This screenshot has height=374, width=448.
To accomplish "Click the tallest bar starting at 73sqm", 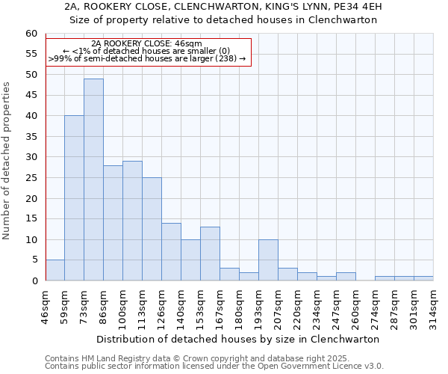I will [x=93, y=180].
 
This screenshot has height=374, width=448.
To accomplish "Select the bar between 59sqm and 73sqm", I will [x=74, y=198].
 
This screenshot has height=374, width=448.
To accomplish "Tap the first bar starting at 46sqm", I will [x=55, y=270].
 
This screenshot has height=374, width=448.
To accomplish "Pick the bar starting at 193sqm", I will [x=268, y=260].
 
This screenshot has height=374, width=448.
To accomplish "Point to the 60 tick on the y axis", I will [x=31, y=34].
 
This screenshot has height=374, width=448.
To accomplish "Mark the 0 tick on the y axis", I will [x=34, y=281].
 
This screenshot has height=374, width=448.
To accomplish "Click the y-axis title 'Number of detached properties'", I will [x=7, y=161].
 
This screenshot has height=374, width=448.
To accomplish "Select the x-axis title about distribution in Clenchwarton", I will [x=238, y=339].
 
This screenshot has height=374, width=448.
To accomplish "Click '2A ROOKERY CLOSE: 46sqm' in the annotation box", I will [x=146, y=44].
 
